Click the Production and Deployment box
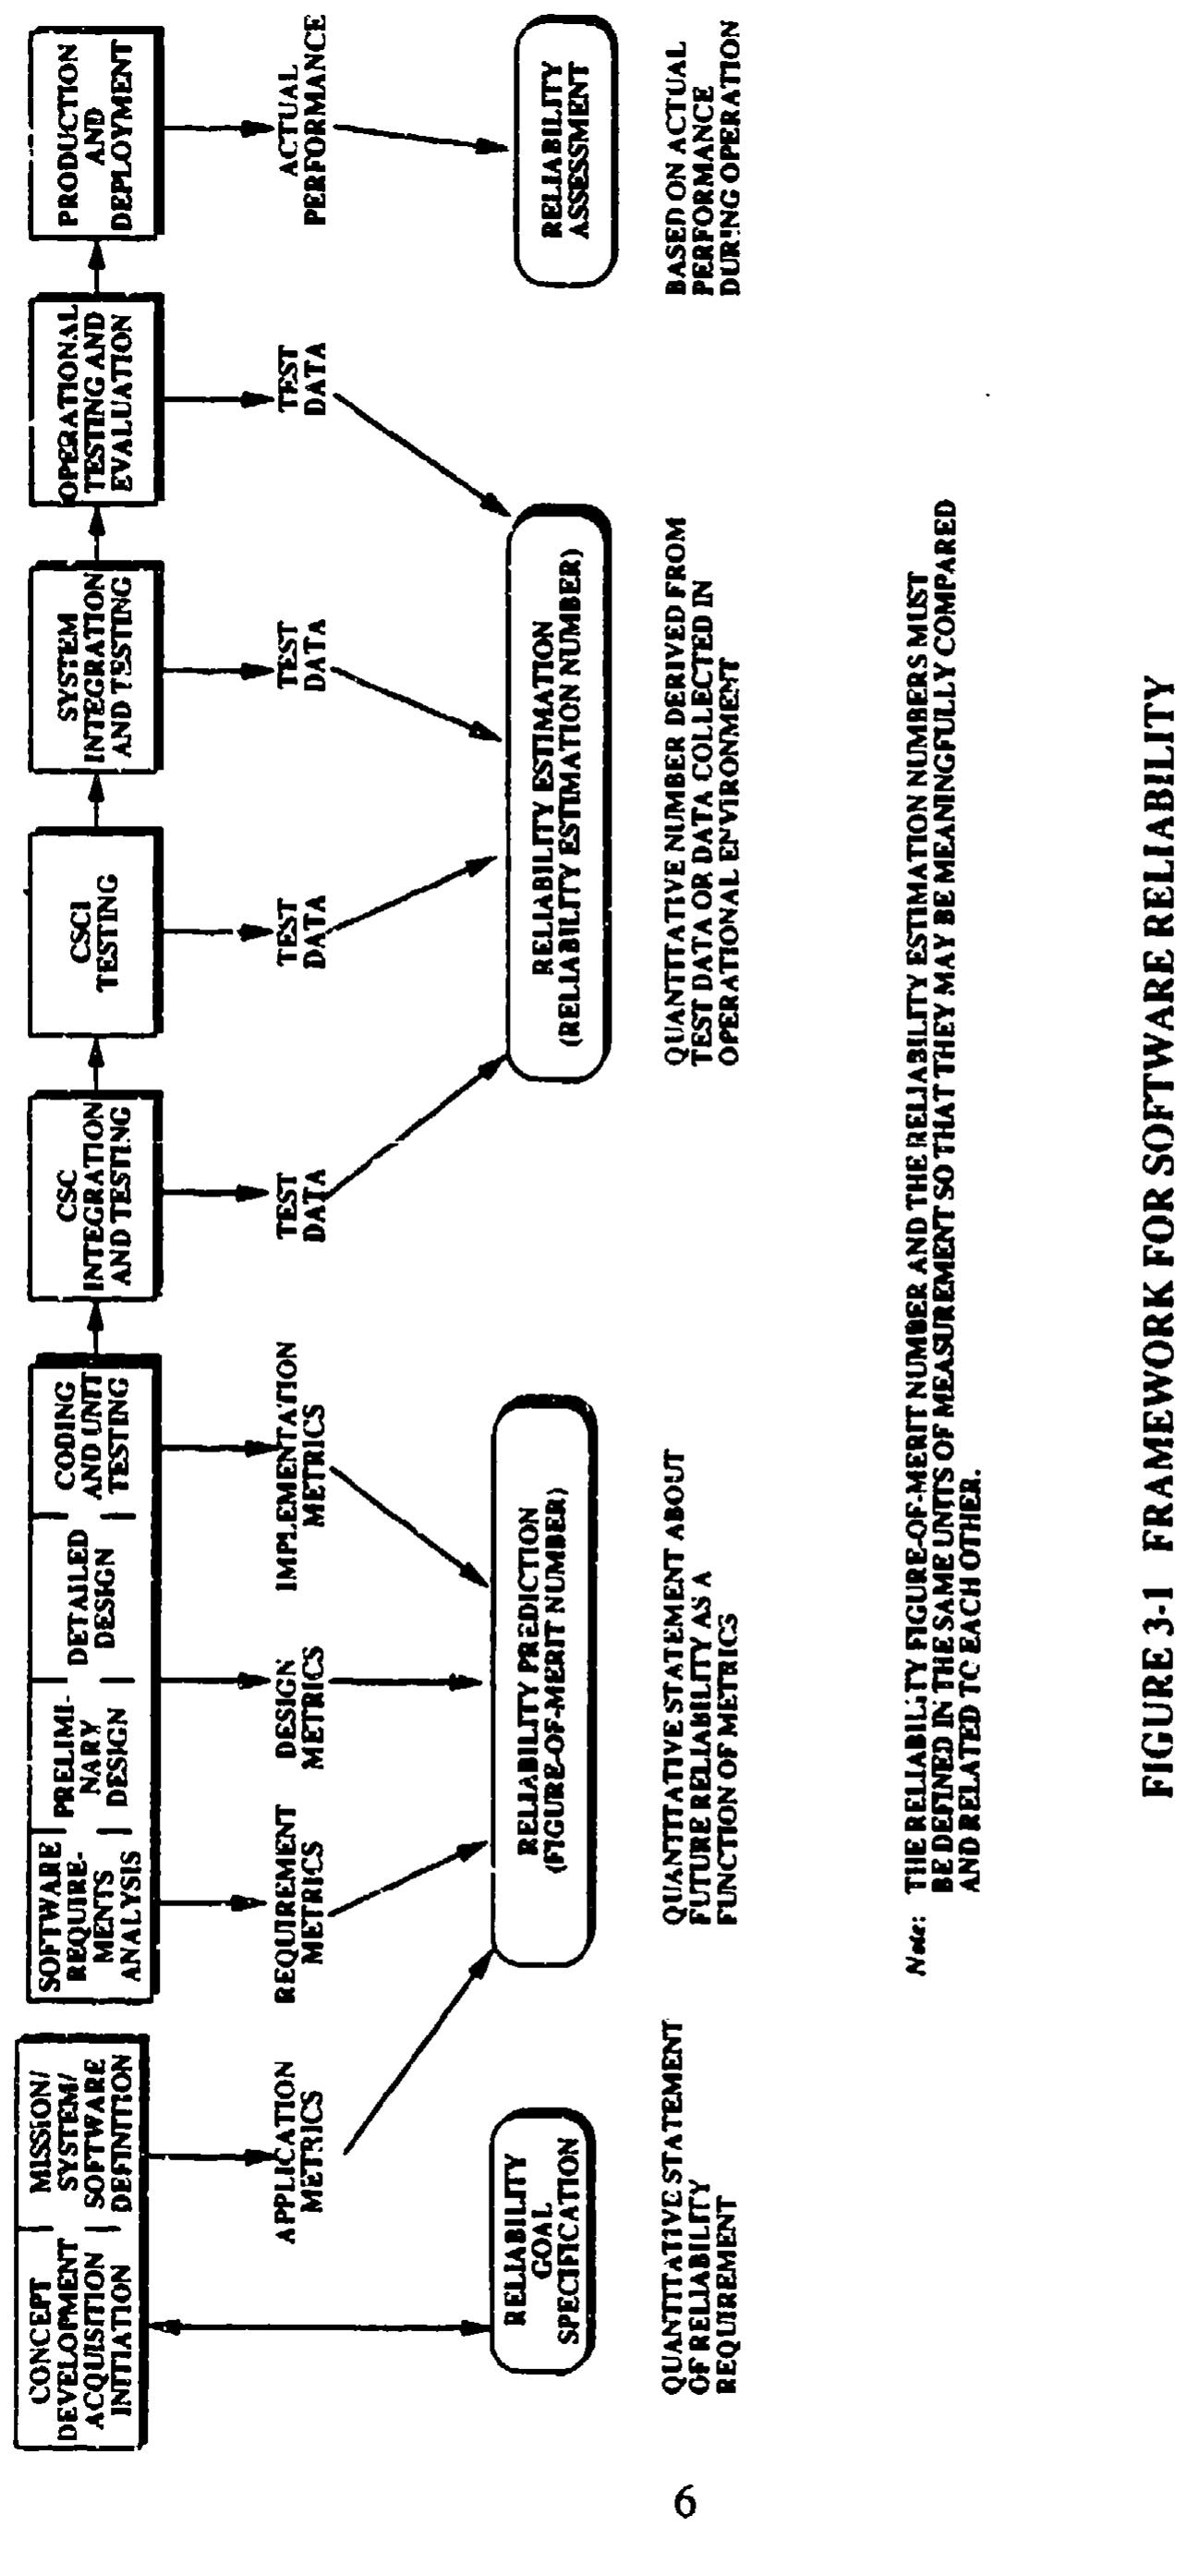coord(96,131)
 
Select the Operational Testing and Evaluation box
coord(96,397)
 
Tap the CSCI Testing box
coord(96,931)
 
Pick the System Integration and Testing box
coord(96,666)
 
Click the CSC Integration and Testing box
coord(96,1196)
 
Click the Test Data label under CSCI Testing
coord(300,931)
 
